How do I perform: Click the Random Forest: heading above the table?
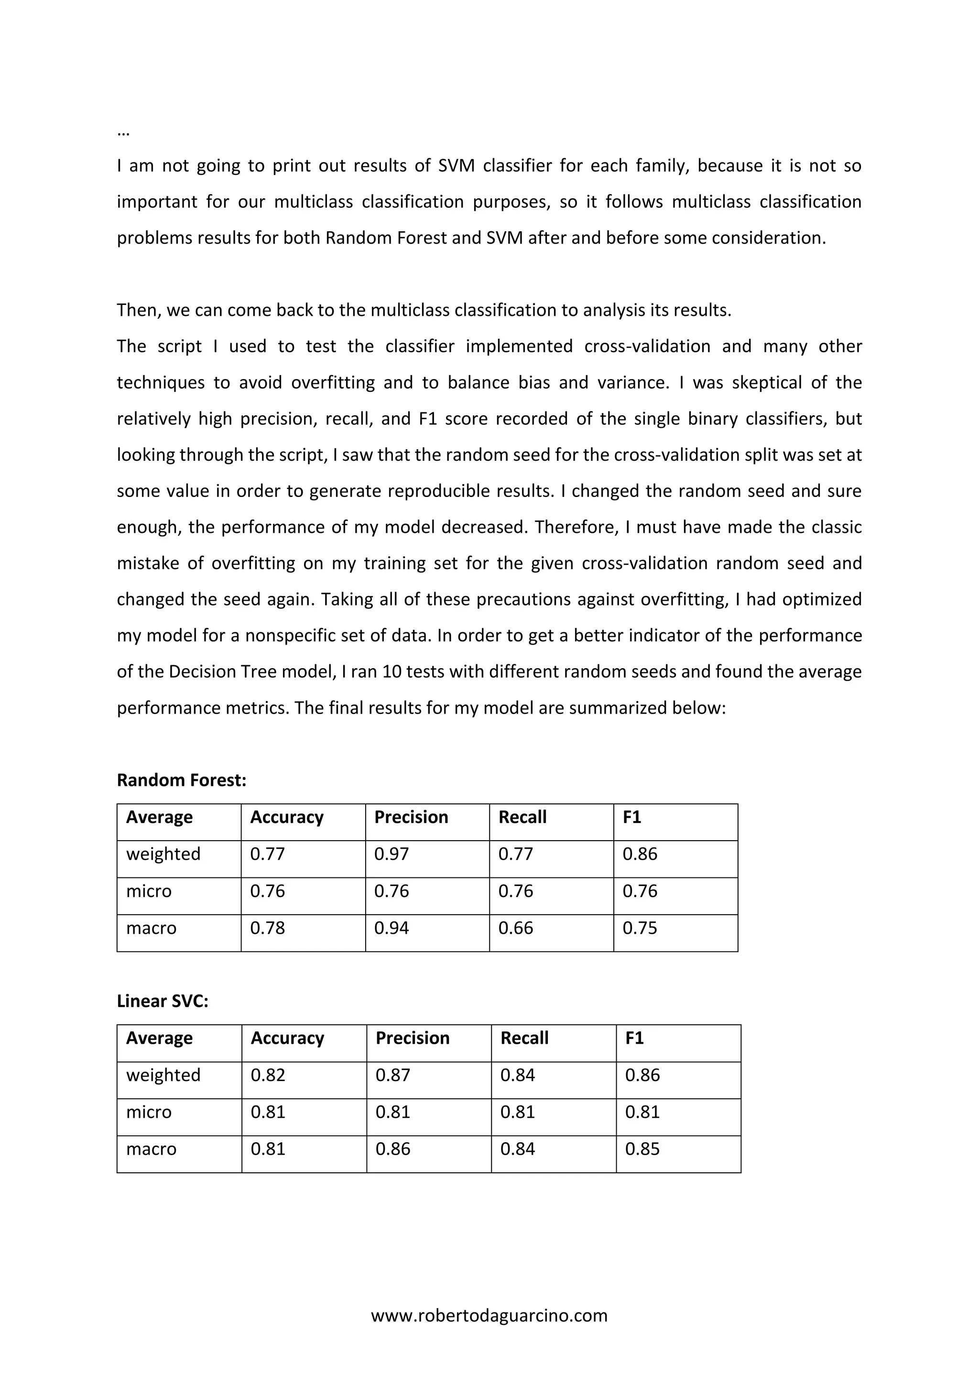(x=182, y=780)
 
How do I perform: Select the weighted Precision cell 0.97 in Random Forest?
(x=392, y=854)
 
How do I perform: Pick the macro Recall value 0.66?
(x=516, y=928)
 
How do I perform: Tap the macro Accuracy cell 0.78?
(x=267, y=928)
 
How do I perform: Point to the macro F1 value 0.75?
(x=640, y=928)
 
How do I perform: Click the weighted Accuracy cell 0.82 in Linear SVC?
(x=268, y=1075)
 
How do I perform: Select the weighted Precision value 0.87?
(x=392, y=1075)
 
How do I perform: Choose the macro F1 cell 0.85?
(x=642, y=1148)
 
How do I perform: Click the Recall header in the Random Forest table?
(x=522, y=817)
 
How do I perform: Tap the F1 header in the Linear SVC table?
(x=634, y=1038)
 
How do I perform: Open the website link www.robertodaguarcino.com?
(x=489, y=1315)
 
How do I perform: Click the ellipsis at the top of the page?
(x=123, y=133)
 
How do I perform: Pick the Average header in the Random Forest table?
(x=159, y=817)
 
